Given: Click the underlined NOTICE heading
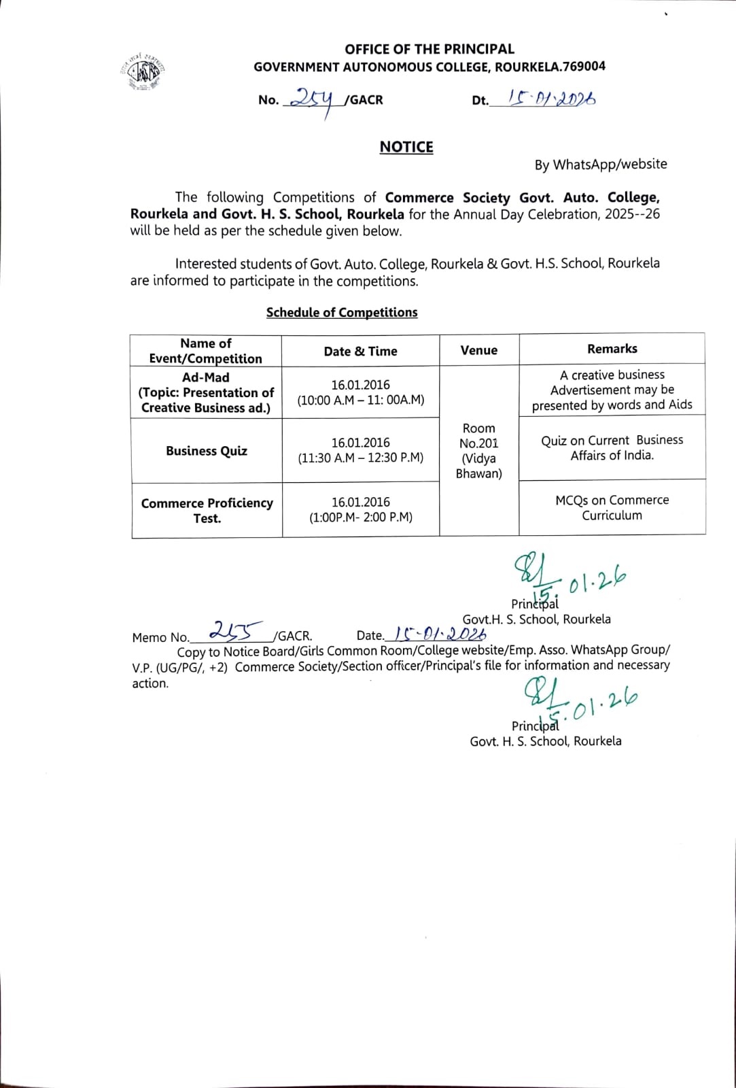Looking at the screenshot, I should tap(406, 147).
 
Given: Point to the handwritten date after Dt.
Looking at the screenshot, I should tap(542, 99).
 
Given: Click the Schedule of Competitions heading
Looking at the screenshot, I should tap(342, 312).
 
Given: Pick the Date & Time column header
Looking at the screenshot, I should tap(360, 351).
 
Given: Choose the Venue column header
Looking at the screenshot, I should tap(478, 350).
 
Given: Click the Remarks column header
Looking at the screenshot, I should tap(612, 349).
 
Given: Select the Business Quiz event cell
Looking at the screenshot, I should tap(207, 451).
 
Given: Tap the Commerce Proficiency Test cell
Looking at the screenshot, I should tap(207, 510).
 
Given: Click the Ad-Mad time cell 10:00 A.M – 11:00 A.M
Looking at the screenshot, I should tap(360, 392).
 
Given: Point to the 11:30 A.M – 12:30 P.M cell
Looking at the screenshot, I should tap(360, 450).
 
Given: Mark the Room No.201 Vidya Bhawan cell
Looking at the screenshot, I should tap(478, 450).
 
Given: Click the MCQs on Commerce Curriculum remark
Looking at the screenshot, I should tap(612, 507).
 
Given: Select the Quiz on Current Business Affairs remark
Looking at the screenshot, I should tap(612, 447).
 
